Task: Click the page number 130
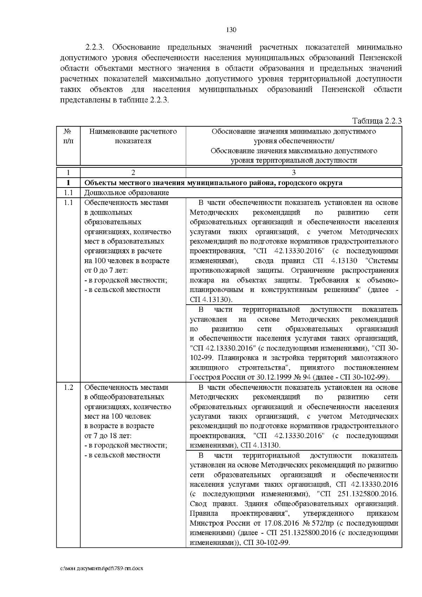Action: pyautogui.click(x=231, y=30)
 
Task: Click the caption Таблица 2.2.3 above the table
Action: pyautogui.click(x=377, y=121)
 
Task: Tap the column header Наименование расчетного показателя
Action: pyautogui.click(x=133, y=136)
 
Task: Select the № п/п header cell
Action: pyautogui.click(x=68, y=136)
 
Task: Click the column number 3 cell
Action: pyautogui.click(x=294, y=172)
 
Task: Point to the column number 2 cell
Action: pyautogui.click(x=133, y=172)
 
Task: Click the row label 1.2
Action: pyautogui.click(x=68, y=387)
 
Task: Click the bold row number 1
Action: pyautogui.click(x=68, y=183)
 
